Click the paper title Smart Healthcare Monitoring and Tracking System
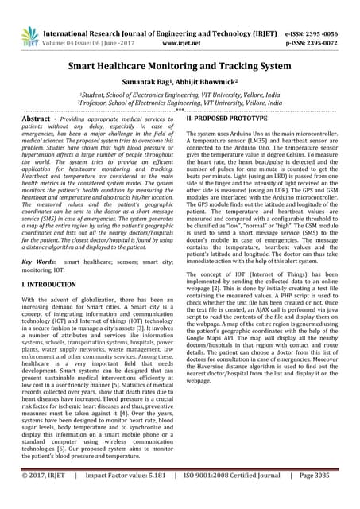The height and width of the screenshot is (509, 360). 180,69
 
